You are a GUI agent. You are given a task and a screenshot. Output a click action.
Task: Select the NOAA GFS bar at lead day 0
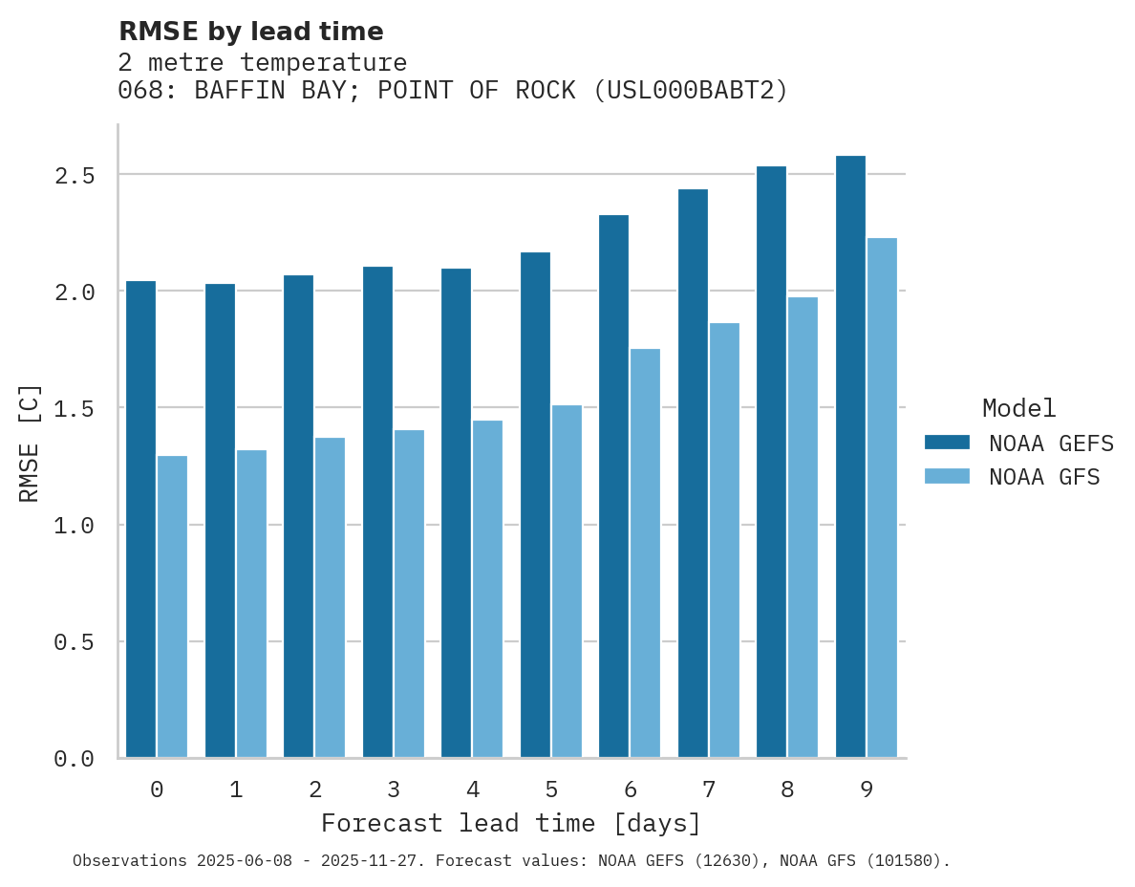[172, 607]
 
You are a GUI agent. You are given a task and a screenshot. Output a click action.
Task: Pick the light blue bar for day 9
[882, 497]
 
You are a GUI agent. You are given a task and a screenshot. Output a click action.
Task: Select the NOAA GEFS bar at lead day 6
[613, 487]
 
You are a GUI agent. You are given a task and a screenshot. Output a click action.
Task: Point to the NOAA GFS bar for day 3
[409, 594]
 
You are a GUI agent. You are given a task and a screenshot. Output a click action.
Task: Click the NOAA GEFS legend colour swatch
[947, 443]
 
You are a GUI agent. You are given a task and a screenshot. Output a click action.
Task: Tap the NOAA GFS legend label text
[1044, 477]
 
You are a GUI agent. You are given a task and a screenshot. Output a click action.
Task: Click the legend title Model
[1018, 408]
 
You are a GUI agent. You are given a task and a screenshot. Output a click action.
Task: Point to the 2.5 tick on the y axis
[74, 175]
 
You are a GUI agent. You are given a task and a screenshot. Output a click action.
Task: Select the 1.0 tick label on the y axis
[74, 526]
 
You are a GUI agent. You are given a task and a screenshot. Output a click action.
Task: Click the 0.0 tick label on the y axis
[74, 759]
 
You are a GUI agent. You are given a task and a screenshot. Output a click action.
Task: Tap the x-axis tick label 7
[708, 790]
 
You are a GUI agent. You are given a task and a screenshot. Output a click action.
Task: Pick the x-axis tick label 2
[314, 790]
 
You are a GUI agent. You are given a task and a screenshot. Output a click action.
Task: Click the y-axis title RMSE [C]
[30, 443]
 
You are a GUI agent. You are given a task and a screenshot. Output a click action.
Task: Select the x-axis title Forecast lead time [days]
[511, 823]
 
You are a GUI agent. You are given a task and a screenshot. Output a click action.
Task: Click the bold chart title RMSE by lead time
[250, 32]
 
